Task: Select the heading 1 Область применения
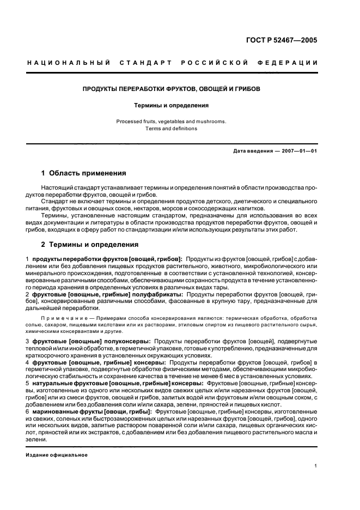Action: pyautogui.click(x=83, y=173)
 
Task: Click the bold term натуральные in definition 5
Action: pyautogui.click(x=56, y=384)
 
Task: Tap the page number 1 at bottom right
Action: pyautogui.click(x=315, y=466)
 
